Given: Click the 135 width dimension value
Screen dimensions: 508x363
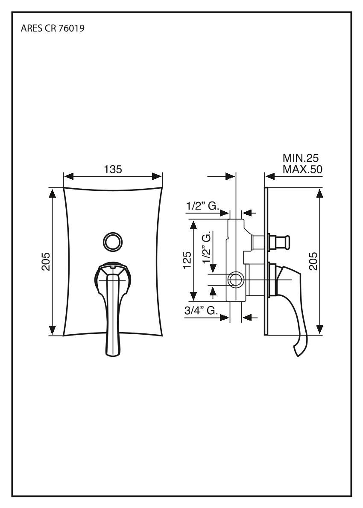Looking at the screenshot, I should (x=113, y=169).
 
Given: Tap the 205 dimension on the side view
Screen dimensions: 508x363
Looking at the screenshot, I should (x=313, y=261).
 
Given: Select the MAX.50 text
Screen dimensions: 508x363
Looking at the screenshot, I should (x=302, y=169).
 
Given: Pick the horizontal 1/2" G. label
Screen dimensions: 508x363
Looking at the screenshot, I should (x=202, y=206).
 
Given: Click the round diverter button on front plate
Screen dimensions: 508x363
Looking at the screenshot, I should (x=112, y=241).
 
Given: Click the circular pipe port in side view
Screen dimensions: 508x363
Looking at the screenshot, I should (x=235, y=280).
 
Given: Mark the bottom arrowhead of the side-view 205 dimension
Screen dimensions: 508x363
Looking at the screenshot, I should (x=319, y=329).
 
